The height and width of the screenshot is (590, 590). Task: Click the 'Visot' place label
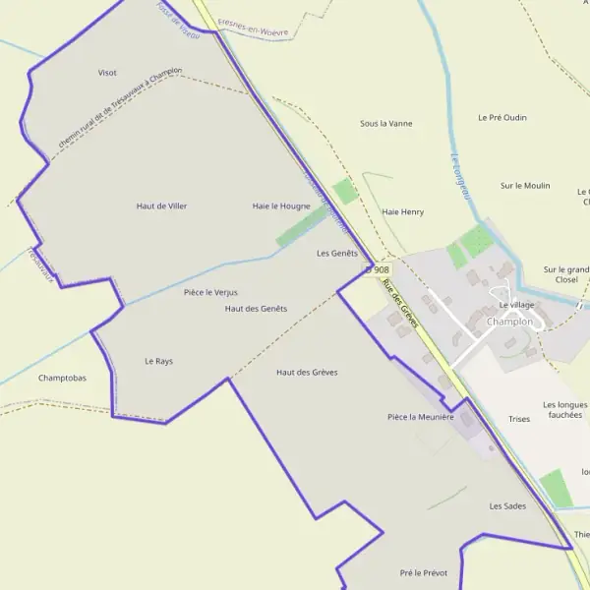point(107,73)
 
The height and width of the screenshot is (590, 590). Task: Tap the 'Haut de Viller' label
point(161,206)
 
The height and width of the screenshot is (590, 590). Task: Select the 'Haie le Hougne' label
point(281,206)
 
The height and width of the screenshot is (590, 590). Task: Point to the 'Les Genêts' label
point(337,253)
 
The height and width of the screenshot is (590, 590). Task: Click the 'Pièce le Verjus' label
point(210,292)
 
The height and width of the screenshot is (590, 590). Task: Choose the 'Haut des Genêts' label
point(256,309)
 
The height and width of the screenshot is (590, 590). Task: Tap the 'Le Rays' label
point(158,361)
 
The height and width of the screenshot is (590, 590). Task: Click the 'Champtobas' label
point(62,378)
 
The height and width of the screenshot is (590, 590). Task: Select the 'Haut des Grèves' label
point(307,372)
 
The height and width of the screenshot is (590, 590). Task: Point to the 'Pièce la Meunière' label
point(421,417)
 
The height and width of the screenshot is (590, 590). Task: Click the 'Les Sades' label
point(507,506)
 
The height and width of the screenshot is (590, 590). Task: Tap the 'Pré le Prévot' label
point(424,572)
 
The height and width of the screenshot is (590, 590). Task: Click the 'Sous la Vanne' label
point(386,124)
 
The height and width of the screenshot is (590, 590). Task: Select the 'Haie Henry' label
point(402,211)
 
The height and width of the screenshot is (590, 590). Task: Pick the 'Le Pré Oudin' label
point(502,117)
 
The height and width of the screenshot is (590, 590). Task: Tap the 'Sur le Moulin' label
point(525,185)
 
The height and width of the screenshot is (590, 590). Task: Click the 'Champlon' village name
point(509,322)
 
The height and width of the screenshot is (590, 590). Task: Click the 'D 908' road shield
point(377,268)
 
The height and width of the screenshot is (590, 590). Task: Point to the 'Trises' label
point(519,419)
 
